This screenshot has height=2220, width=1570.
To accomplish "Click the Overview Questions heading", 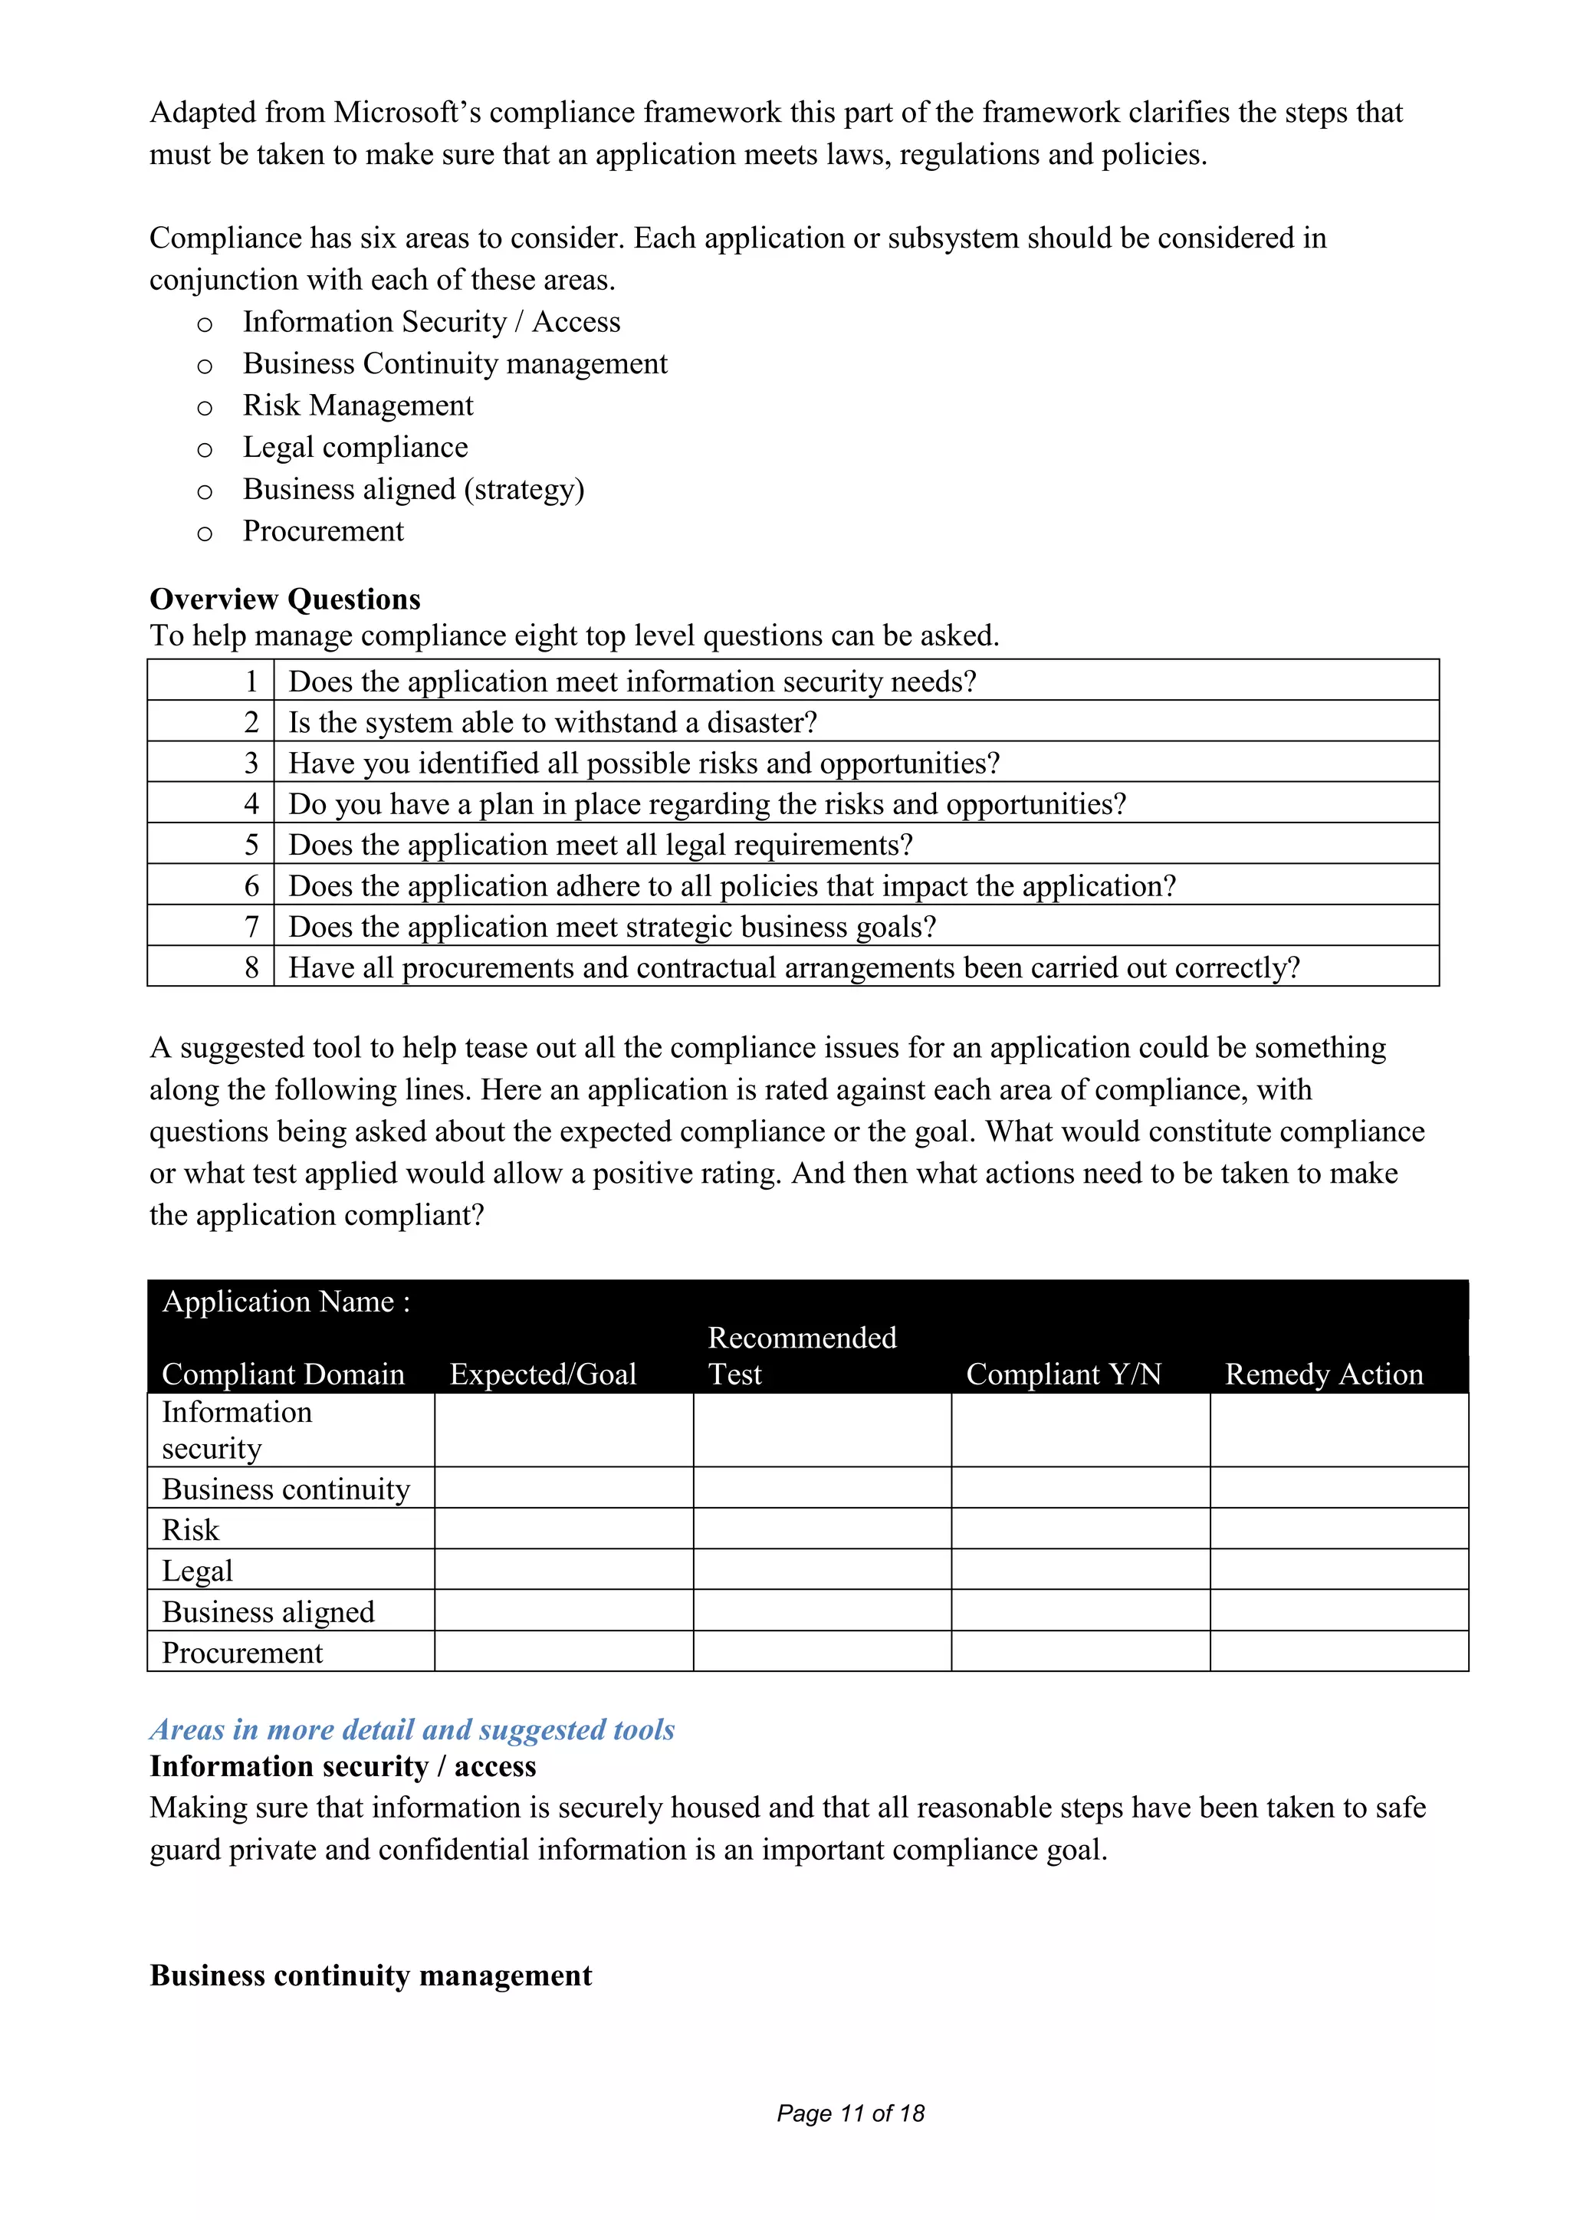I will pos(285,599).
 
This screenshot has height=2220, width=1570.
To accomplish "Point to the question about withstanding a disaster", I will pos(553,722).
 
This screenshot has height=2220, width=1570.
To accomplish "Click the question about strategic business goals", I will pos(612,928).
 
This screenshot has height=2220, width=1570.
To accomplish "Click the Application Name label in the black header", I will pos(286,1302).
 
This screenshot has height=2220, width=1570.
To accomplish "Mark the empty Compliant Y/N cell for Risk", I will pos(1080,1529).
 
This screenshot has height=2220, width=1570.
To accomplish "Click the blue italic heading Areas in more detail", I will pos(412,1730).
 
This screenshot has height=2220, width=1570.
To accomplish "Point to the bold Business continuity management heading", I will pos(370,1975).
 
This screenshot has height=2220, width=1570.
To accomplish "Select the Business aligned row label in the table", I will pos(268,1612).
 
